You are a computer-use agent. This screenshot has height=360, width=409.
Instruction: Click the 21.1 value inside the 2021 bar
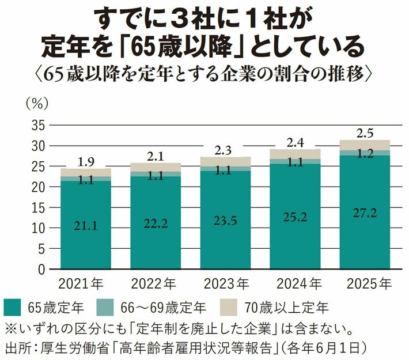point(86,226)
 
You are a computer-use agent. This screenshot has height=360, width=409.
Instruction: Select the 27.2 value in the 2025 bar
point(365,213)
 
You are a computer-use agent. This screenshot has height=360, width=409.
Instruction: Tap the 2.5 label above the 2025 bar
point(365,134)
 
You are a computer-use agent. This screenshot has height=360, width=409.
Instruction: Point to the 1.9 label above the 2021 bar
point(86,162)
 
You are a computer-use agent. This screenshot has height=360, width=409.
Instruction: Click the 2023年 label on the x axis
point(226,283)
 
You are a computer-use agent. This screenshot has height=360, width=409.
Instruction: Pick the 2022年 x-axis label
point(154,283)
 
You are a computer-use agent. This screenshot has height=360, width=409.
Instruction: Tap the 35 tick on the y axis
point(39,126)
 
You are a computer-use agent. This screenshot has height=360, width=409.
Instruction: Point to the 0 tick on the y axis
point(41,270)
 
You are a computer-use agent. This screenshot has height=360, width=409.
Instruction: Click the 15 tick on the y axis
point(39,208)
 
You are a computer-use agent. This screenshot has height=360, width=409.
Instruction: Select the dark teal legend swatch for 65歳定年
point(12,308)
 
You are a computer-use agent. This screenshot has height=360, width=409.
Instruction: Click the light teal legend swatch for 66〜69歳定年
point(105,308)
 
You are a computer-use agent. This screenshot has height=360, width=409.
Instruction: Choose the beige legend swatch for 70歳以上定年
point(229,308)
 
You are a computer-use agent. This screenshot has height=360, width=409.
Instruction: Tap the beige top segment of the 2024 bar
point(295,154)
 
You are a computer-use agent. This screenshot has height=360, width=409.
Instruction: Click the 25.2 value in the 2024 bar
point(295,217)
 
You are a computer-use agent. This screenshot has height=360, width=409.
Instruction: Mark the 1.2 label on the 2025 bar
point(365,154)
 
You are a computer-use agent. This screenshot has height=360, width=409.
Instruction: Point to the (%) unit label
point(37,104)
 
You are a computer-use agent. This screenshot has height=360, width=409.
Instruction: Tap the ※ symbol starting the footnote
point(10,329)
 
